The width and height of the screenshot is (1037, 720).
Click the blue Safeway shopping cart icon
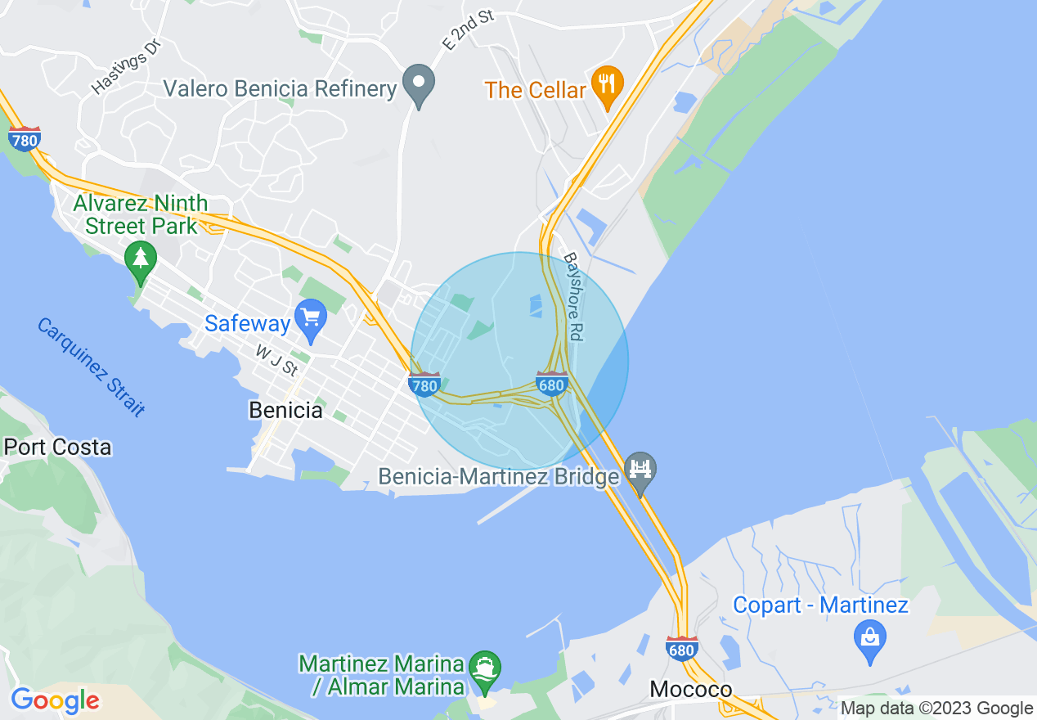pos(311,319)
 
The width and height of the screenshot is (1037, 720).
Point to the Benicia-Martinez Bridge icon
pos(640,470)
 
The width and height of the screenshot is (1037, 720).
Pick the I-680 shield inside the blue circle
pos(552,383)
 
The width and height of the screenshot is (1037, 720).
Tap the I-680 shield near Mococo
pos(682,648)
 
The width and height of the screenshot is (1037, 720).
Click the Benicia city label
pos(285,410)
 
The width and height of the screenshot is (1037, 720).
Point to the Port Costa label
pos(57,447)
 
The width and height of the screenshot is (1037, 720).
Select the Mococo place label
pos(690,689)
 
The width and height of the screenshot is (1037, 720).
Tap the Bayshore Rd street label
pos(572,295)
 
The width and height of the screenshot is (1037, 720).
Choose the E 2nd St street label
pos(469,32)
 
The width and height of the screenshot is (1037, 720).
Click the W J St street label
pos(276,360)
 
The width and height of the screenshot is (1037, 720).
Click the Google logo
pos(55,700)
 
